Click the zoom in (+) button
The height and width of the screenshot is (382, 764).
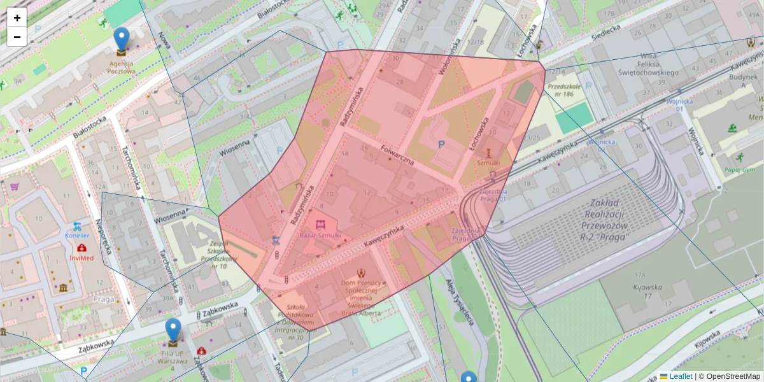[x=17, y=18]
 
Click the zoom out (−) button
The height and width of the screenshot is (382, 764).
[x=17, y=37]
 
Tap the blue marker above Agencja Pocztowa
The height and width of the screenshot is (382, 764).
[x=121, y=39]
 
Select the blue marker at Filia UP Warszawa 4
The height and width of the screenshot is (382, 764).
[x=173, y=330]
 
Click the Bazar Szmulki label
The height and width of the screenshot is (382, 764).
[x=320, y=235]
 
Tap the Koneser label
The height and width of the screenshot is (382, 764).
[x=77, y=235]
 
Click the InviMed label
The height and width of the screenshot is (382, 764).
[x=81, y=258]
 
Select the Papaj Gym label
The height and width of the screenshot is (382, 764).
[x=739, y=169]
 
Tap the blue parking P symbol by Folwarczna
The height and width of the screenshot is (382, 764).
[x=441, y=145]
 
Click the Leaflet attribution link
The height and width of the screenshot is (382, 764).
[x=681, y=376]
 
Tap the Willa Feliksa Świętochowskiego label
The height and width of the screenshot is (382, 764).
[x=647, y=64]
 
